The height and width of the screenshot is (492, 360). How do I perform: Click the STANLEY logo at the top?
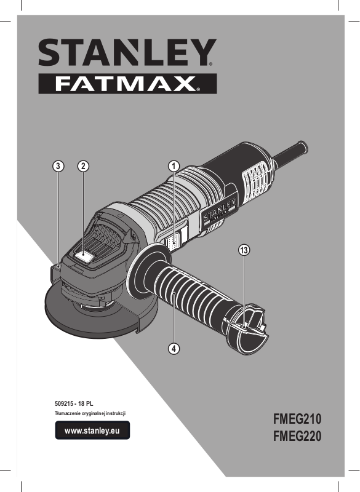click(127, 52)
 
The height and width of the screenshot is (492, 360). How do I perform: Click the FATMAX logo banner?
click(127, 84)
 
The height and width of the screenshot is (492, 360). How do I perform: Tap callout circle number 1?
click(174, 166)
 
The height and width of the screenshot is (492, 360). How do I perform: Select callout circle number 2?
click(83, 166)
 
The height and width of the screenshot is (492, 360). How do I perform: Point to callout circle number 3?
click(58, 166)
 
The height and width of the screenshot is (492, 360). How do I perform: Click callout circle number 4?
click(174, 348)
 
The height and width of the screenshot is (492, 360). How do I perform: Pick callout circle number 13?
click(244, 250)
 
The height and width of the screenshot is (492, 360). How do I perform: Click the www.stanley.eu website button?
click(92, 430)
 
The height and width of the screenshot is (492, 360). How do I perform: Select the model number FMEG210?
click(297, 419)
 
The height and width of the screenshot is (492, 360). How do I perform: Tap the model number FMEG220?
click(297, 436)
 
